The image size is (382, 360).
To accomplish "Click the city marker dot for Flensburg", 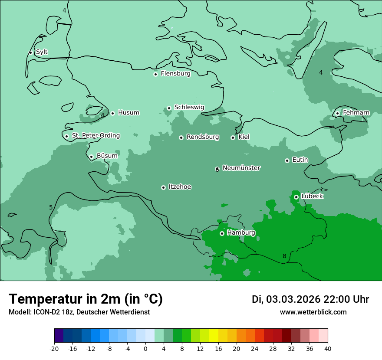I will pos(155,74).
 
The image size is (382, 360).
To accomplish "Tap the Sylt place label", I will pos(42,52).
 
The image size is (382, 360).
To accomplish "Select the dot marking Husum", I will pos(112,113).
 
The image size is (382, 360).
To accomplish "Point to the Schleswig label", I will pos(189,107).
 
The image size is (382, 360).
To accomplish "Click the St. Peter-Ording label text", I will pos(95,135).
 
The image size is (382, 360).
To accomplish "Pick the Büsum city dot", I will pos(91,157).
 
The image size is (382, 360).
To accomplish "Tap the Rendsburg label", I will pos(203,137).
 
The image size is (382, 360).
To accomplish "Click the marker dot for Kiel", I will pos(233,137).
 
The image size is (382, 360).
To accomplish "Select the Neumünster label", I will pos(241,168).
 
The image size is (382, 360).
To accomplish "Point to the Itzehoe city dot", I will pos(163,187).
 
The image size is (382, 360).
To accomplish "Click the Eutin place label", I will pos(300,160).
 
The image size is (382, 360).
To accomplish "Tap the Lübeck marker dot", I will pos(296,197).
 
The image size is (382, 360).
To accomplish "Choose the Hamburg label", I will pos(241,232).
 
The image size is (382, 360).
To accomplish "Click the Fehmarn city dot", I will pos(337,113).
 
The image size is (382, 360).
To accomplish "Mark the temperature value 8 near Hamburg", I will pos(284,256).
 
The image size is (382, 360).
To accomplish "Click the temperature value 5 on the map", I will pos(51,207).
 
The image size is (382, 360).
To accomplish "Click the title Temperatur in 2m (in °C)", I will pos(86,299).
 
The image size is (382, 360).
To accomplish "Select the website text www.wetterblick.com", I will pos(313,312).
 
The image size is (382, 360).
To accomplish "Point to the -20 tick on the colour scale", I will pos(54,348).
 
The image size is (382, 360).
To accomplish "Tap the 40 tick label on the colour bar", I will pos(328,348).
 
